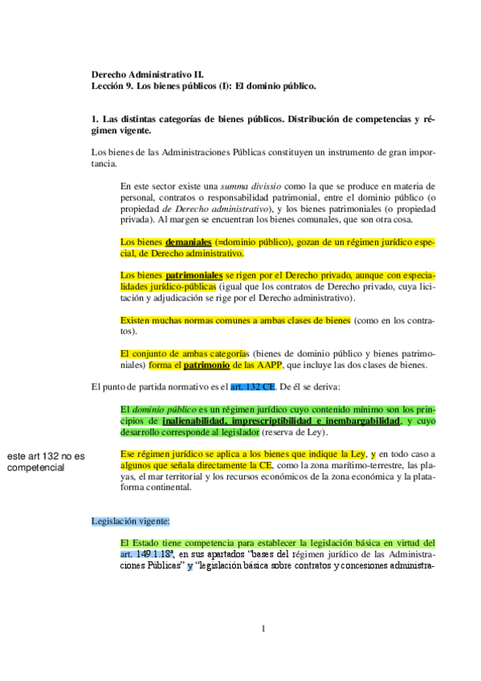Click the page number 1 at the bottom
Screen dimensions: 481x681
click(263, 628)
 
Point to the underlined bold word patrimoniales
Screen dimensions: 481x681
click(194, 275)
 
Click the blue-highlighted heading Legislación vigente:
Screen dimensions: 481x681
click(130, 520)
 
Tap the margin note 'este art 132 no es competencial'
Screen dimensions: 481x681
click(45, 462)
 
